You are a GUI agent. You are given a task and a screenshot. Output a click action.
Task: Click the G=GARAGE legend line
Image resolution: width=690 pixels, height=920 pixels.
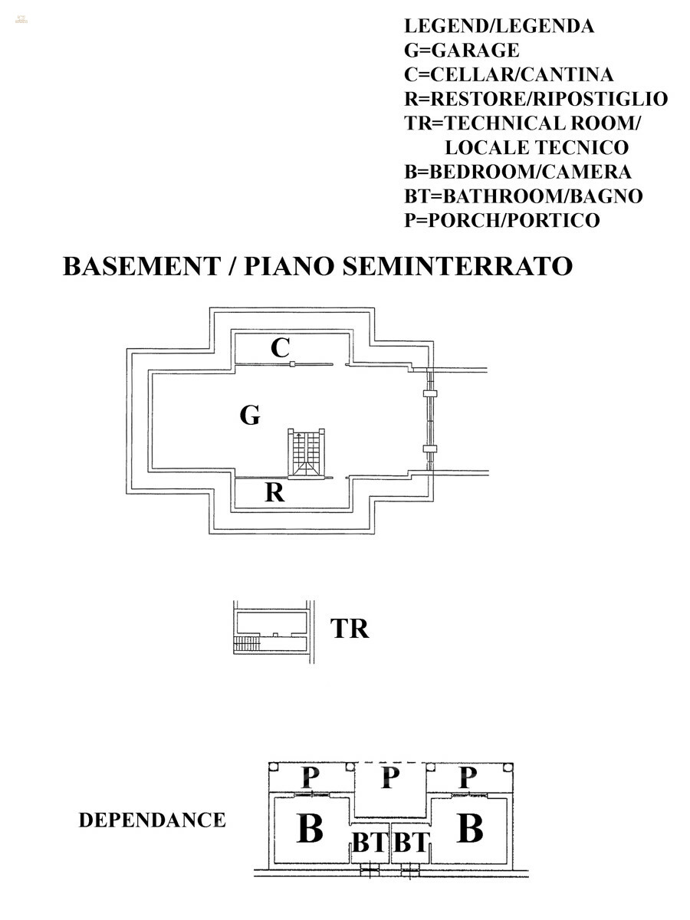pyautogui.click(x=462, y=51)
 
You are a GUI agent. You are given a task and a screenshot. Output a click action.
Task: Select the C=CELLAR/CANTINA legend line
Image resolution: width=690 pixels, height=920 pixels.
pyautogui.click(x=509, y=75)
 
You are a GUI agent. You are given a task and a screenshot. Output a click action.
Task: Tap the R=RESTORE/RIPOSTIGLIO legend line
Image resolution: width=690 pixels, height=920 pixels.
pyautogui.click(x=536, y=99)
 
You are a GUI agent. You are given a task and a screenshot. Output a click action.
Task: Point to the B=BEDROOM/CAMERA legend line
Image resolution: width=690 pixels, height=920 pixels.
pyautogui.click(x=517, y=172)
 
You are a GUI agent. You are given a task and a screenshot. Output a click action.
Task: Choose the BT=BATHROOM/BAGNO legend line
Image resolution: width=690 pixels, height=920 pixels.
pyautogui.click(x=524, y=196)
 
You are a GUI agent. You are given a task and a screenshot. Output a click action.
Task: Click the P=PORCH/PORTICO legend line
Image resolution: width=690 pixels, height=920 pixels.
pyautogui.click(x=502, y=221)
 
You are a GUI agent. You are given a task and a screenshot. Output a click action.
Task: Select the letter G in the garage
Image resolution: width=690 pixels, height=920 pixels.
pyautogui.click(x=250, y=416)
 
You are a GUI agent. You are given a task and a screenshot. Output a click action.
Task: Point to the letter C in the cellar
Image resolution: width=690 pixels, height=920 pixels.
pyautogui.click(x=281, y=349)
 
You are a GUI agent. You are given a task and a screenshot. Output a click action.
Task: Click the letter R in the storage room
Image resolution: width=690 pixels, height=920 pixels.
pyautogui.click(x=274, y=493)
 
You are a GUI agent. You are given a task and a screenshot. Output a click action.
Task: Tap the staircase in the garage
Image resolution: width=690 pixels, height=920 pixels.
pyautogui.click(x=306, y=453)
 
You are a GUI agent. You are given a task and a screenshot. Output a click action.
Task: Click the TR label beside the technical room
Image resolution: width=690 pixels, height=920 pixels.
pyautogui.click(x=350, y=629)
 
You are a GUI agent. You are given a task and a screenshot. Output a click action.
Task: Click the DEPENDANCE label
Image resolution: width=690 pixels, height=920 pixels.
pyautogui.click(x=152, y=820)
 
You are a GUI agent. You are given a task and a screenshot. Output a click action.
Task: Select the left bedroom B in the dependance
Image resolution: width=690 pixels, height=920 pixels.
pyautogui.click(x=309, y=830)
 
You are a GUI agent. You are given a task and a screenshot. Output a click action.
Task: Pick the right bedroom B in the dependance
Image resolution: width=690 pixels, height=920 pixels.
pyautogui.click(x=469, y=830)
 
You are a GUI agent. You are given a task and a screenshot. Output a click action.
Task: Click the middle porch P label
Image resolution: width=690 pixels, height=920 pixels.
pyautogui.click(x=390, y=778)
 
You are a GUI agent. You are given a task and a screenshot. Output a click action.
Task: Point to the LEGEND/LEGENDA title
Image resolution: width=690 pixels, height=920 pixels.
pyautogui.click(x=499, y=26)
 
